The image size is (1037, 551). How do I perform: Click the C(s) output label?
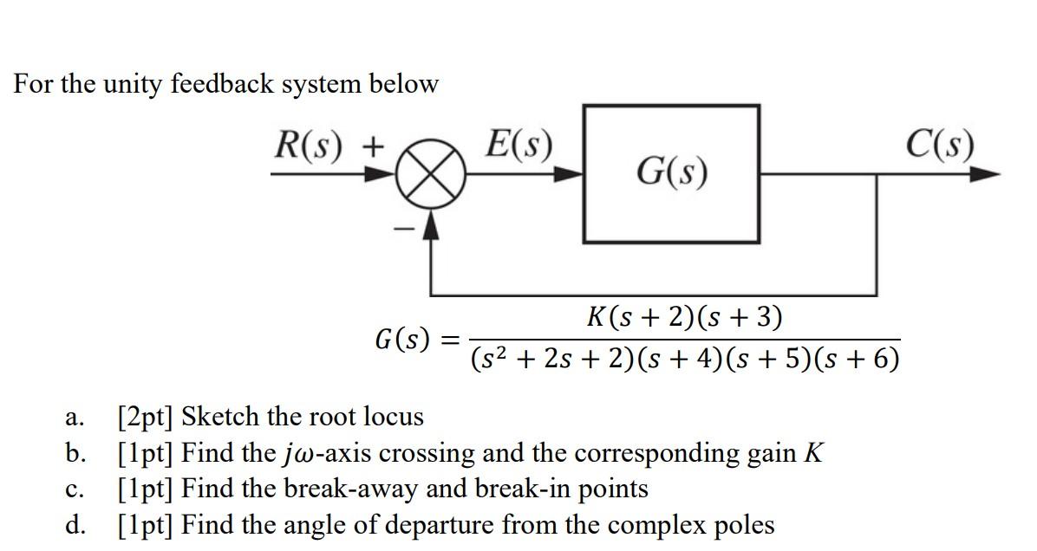click(x=940, y=145)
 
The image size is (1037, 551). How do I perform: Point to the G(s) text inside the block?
click(x=671, y=172)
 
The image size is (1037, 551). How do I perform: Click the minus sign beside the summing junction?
click(x=402, y=229)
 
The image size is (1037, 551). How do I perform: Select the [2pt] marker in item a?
click(x=146, y=418)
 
